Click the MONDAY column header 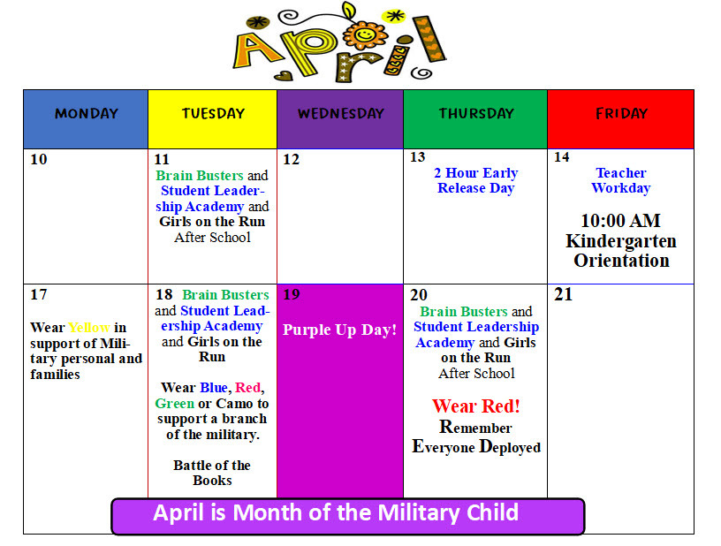[x=86, y=114]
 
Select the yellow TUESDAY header [x=213, y=114]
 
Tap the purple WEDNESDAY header [x=340, y=114]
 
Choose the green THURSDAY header [x=475, y=114]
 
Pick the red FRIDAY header [x=621, y=114]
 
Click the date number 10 [x=38, y=160]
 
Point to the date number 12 [x=291, y=160]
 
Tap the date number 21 [x=563, y=295]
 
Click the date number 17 [x=38, y=295]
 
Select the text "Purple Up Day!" [x=340, y=330]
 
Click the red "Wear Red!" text [x=475, y=406]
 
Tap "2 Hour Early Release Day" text [x=475, y=180]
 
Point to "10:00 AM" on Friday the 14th [x=620, y=221]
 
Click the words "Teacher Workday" [x=620, y=180]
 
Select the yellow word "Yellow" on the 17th [x=89, y=328]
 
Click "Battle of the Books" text [x=212, y=473]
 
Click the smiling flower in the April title [x=365, y=35]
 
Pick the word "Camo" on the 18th [x=229, y=403]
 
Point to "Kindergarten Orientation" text [x=620, y=251]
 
